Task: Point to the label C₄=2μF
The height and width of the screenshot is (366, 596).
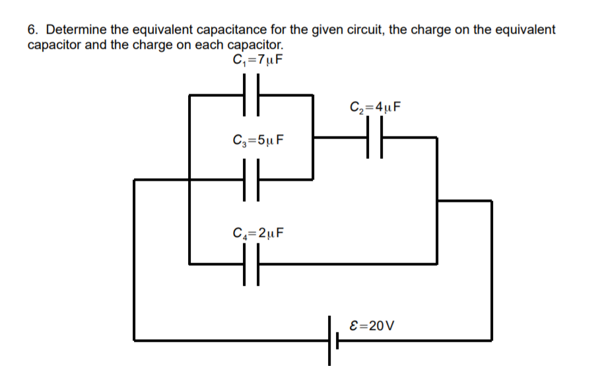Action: click(259, 233)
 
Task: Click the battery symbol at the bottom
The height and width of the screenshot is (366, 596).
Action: click(332, 340)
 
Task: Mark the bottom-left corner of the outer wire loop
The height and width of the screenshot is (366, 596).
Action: click(135, 340)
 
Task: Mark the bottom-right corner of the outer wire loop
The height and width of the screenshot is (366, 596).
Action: click(491, 340)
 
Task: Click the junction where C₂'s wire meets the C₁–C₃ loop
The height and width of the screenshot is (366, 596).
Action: click(313, 138)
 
